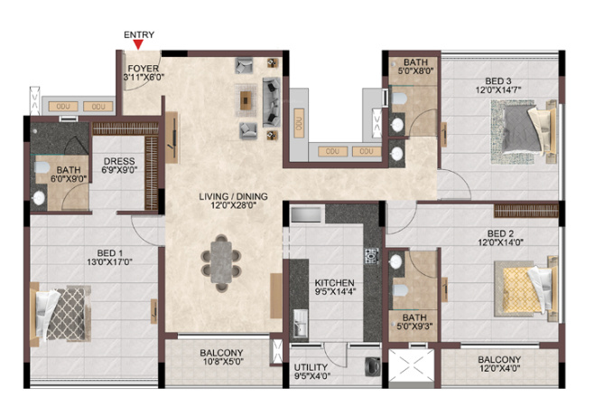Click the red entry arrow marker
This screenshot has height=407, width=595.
(138, 44)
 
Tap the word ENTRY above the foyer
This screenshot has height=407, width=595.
(139, 34)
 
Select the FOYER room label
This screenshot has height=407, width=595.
(143, 69)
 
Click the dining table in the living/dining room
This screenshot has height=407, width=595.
(221, 262)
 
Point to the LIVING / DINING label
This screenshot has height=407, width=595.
(233, 196)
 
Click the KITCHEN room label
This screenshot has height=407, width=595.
(335, 283)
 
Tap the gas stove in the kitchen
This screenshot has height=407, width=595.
(371, 256)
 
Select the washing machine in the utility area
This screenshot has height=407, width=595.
(371, 366)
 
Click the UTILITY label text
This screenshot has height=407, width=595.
(311, 367)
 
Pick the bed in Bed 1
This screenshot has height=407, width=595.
(60, 314)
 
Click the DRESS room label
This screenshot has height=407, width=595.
(119, 161)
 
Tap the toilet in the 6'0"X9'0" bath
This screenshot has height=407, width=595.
(42, 167)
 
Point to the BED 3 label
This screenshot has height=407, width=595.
(498, 80)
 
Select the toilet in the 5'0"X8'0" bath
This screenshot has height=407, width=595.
(399, 99)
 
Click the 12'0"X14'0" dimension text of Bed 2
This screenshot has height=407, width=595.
(500, 242)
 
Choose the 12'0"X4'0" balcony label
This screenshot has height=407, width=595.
(499, 368)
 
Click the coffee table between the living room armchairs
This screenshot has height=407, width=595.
(246, 100)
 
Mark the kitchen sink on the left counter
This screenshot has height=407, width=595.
(301, 323)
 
